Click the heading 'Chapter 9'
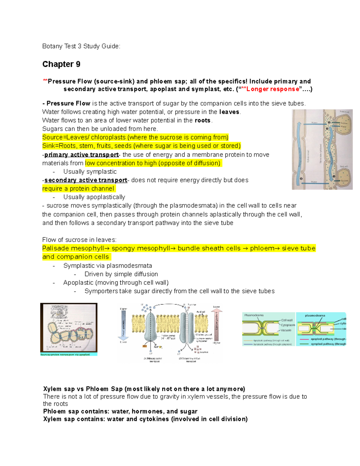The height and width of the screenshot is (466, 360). tap(61, 64)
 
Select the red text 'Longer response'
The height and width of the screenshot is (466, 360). tap(272, 89)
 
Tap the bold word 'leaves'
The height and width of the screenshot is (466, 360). tap(229, 112)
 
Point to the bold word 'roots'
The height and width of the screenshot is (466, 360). tap(202, 120)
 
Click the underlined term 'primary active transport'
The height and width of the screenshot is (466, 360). tap(82, 155)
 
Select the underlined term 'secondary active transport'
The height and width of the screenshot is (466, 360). tap(86, 180)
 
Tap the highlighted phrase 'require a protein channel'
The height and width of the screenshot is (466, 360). tap(78, 189)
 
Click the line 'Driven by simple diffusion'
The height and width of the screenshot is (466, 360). tap(121, 274)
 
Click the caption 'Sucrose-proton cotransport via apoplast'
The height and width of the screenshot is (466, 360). tap(65, 354)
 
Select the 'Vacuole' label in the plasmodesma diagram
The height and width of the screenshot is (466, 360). tap(286, 330)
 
